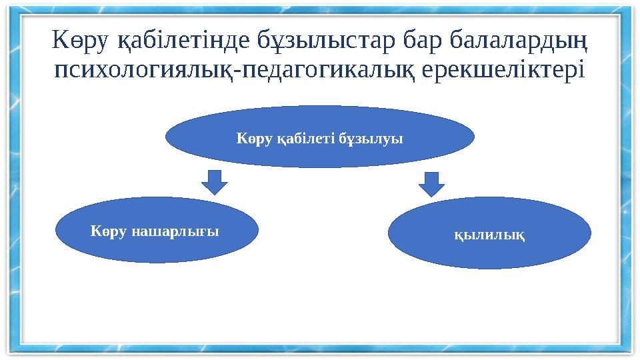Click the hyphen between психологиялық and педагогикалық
[236, 71]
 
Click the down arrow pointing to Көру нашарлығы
[214, 182]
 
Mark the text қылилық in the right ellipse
[489, 236]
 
